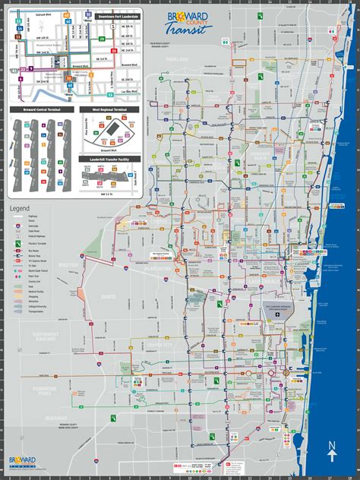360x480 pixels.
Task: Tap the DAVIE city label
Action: [x=109, y=296]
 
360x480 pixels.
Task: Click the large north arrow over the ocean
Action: [x=332, y=451]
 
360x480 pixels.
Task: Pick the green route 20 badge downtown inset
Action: [x=102, y=36]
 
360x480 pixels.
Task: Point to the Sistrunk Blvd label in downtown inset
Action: [x=30, y=14]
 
